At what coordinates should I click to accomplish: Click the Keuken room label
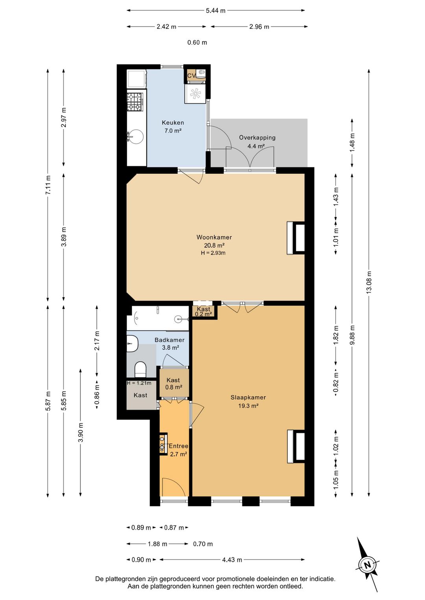[x=173, y=123]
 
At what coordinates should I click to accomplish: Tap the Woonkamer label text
[x=214, y=237]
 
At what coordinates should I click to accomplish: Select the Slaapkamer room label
[x=248, y=398]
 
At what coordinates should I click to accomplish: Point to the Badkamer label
[x=170, y=340]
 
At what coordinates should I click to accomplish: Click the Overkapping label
[x=257, y=138]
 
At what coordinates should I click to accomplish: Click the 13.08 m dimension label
[x=369, y=283]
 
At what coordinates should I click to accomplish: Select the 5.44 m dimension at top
[x=216, y=11]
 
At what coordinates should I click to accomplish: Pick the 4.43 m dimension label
[x=232, y=560]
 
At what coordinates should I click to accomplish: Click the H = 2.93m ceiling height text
[x=213, y=252]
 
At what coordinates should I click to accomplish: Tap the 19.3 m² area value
[x=248, y=406]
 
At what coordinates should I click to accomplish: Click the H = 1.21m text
[x=139, y=383]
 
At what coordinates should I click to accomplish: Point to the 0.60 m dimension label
[x=197, y=42]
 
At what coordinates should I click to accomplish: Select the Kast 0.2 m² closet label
[x=204, y=311]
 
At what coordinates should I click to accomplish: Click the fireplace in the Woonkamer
[x=296, y=238]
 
